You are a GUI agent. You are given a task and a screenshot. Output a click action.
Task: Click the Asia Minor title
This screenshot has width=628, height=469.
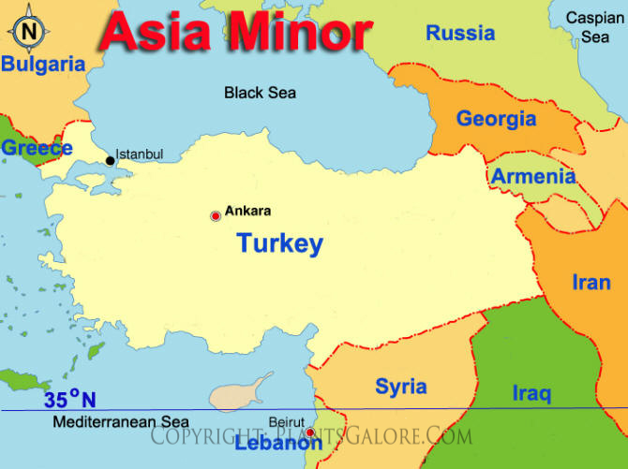[x=235, y=32]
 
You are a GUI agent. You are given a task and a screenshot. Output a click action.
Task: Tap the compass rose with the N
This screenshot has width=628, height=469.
[x=29, y=30]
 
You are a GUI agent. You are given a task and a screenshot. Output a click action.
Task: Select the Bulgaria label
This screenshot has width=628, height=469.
[x=43, y=65]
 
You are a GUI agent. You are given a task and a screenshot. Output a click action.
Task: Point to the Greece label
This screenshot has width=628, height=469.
[x=37, y=148]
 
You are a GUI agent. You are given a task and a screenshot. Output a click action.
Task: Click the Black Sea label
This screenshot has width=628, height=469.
[x=260, y=92]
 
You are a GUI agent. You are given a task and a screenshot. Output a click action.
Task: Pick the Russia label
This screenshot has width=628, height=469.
[x=460, y=34]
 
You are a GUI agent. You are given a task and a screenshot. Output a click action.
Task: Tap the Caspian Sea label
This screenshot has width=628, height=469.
[x=594, y=27]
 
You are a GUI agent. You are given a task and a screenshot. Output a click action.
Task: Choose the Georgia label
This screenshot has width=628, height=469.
[x=496, y=119]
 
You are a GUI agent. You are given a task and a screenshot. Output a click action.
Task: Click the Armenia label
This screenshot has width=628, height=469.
[x=533, y=176]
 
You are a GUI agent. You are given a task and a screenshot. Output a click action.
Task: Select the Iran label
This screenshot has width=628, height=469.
[x=591, y=282]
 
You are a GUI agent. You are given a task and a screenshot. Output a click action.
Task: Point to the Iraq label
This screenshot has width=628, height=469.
[x=531, y=393]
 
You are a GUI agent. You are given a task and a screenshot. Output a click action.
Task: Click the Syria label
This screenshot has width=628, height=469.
[x=401, y=387]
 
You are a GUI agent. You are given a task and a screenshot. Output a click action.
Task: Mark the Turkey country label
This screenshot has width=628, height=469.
[x=279, y=244]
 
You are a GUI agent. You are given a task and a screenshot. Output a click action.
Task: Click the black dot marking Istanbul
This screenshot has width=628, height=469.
[x=110, y=161]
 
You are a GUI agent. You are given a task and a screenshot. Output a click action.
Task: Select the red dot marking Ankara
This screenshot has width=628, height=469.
[x=216, y=215]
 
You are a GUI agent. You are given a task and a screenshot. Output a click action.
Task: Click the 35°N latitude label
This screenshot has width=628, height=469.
[x=69, y=400]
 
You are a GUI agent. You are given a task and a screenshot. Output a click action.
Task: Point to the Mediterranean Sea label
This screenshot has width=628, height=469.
[x=121, y=422]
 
